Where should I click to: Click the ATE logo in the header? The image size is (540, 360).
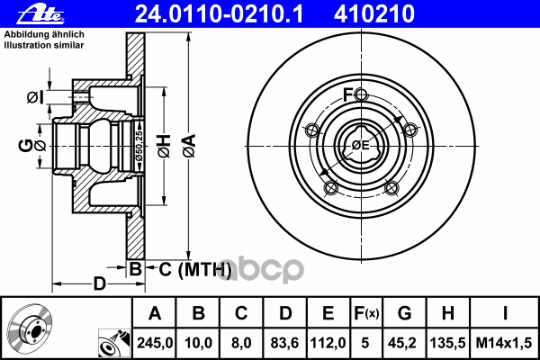tap(40, 14)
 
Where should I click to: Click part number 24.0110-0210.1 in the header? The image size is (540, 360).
tap(219, 14)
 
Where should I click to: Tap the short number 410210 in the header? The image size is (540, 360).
tap(374, 14)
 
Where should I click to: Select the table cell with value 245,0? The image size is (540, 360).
tap(155, 343)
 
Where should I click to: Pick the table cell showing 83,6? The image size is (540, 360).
tap(284, 343)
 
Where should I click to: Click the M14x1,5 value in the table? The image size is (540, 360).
tap(504, 343)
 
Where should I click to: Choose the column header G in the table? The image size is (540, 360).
tap(404, 313)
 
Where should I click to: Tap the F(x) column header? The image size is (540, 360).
tap(366, 313)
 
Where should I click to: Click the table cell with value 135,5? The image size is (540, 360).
tap(447, 343)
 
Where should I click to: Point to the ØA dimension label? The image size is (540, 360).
tap(189, 146)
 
